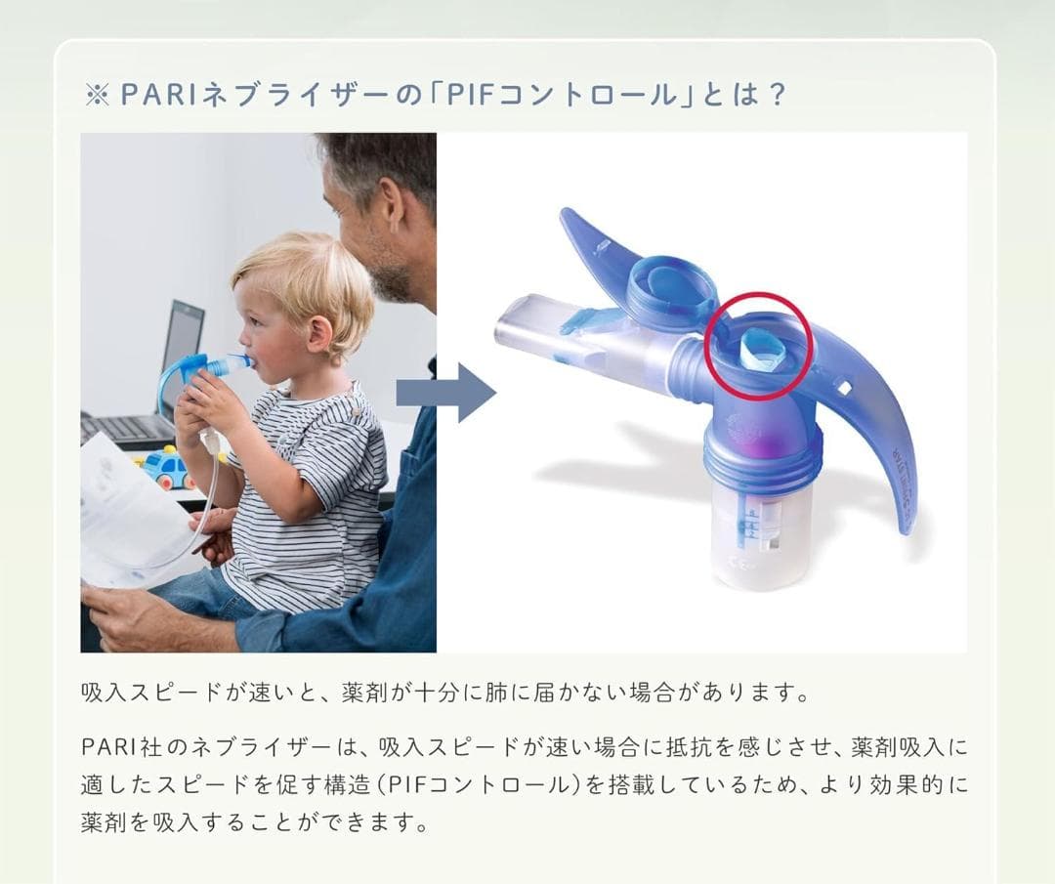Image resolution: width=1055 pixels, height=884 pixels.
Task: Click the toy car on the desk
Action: [168, 466]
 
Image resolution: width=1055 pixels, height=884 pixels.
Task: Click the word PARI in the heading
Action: [152, 96]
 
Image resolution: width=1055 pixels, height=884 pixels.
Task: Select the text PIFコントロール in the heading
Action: [560, 96]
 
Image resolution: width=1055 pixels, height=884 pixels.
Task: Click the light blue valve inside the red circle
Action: [760, 347]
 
